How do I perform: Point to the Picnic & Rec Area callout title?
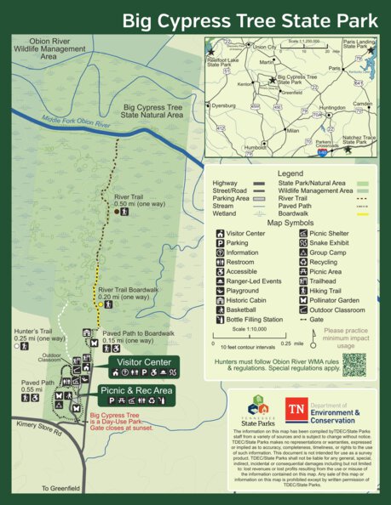(x=136, y=390)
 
